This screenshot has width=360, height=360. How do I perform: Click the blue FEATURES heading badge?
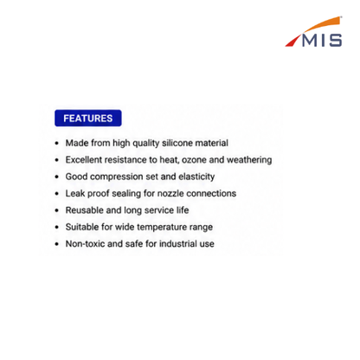pos(88,118)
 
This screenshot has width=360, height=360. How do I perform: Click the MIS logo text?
pos(322,41)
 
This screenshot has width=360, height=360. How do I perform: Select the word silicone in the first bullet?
pos(177,143)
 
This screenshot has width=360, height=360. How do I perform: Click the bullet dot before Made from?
pos(57,143)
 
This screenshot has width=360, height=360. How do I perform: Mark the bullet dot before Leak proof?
pos(57,194)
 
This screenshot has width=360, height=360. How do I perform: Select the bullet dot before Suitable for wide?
pos(57,228)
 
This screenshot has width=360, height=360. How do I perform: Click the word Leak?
pos(75,193)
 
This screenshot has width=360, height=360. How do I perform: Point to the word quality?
pos(146,143)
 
